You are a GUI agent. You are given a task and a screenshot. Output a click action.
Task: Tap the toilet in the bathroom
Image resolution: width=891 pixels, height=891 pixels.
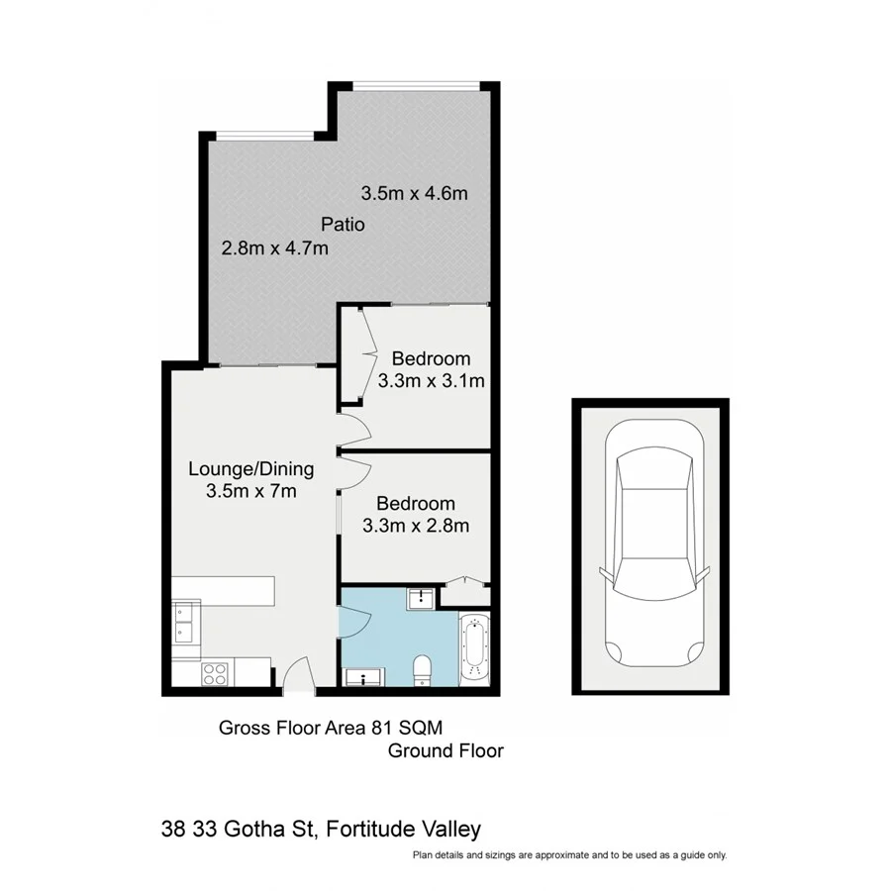click(x=422, y=670)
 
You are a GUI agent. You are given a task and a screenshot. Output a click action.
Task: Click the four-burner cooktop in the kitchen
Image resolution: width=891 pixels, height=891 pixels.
click(x=215, y=673)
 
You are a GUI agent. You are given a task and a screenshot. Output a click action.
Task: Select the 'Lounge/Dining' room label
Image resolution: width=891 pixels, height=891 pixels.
click(x=251, y=468)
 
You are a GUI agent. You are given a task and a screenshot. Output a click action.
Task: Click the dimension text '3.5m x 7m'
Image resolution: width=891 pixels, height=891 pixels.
click(x=251, y=490)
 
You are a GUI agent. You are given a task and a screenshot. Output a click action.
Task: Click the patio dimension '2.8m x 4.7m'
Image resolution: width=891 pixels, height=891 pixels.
click(x=274, y=248)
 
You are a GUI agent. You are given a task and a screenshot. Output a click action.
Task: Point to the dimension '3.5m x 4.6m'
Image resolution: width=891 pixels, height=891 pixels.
click(x=414, y=194)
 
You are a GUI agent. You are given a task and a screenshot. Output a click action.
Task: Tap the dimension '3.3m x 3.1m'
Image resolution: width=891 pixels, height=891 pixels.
click(x=431, y=380)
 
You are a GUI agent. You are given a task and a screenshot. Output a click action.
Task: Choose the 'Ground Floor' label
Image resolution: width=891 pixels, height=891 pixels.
click(x=445, y=750)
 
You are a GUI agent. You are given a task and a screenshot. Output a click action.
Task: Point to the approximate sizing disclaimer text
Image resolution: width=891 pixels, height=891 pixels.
click(x=569, y=854)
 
